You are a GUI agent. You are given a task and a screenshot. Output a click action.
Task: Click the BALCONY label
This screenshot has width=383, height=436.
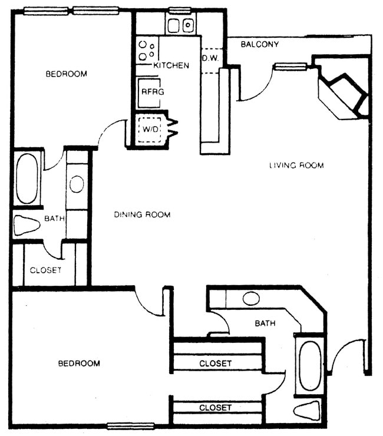tap(260, 44)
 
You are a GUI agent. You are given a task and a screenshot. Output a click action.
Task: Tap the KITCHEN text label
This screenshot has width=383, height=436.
tap(171, 65)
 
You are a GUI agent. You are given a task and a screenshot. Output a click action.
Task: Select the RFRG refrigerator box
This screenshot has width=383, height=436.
tap(152, 92)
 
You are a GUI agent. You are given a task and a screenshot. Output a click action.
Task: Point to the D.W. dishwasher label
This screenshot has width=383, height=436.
tap(211, 58)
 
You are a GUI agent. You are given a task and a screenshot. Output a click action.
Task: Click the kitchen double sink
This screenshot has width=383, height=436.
tap(180, 25)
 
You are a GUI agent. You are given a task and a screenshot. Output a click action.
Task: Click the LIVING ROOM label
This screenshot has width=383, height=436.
tap(296, 166)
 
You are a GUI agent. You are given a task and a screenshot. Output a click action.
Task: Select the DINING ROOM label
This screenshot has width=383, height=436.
tap(142, 214)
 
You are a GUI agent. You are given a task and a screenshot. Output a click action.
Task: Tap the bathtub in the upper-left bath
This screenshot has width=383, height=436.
tap(27, 179)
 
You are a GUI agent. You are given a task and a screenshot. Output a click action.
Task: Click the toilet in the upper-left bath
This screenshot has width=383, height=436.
tap(27, 225)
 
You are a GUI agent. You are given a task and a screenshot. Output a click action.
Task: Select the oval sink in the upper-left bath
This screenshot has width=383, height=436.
tap(77, 184)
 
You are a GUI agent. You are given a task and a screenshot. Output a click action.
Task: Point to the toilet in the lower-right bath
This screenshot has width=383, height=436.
tap(308, 410)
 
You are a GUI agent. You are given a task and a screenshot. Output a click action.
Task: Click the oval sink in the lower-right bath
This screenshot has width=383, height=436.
tap(252, 298)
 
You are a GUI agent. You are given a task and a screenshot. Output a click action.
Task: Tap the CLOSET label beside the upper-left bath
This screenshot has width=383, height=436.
tap(45, 270)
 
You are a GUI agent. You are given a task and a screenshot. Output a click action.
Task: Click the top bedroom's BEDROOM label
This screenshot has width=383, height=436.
tap(67, 74)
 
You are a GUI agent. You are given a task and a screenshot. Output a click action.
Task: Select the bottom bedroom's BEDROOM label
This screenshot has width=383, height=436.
tap(78, 364)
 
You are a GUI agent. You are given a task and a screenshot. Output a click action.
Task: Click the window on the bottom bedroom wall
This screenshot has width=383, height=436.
tap(130, 426)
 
